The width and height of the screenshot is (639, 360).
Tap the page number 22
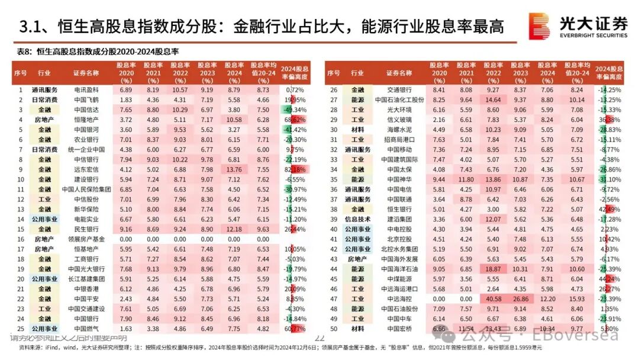click(319, 337)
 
